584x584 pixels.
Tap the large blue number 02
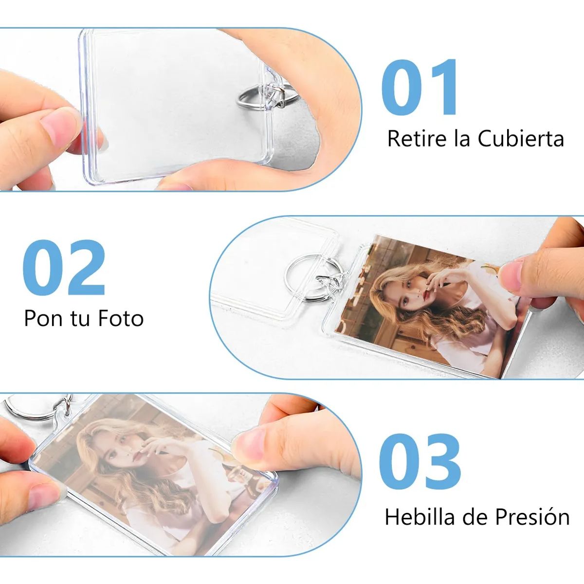click(x=64, y=267)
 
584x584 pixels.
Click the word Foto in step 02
click(x=121, y=318)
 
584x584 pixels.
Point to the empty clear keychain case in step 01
click(x=176, y=106)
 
